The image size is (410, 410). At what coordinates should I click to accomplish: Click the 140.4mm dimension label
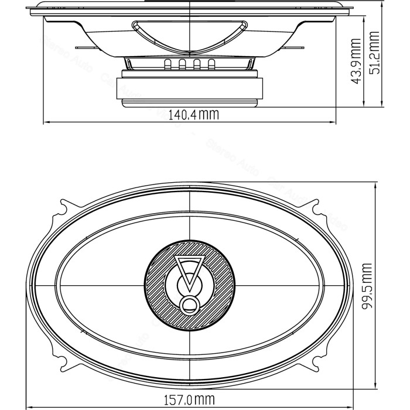click(x=193, y=115)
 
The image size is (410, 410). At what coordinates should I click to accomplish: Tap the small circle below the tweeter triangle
click(x=190, y=304)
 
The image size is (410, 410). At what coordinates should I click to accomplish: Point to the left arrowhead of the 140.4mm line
click(x=47, y=122)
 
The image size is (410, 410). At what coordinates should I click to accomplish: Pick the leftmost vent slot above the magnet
click(x=168, y=64)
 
